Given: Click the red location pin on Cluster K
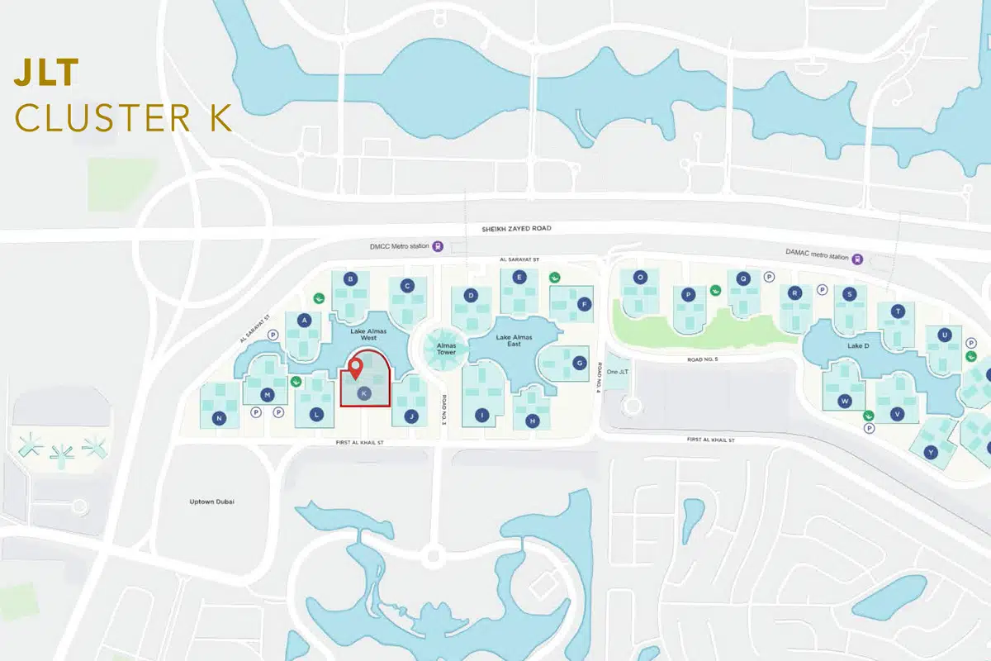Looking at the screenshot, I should click(356, 368).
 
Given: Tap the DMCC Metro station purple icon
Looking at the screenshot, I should click(438, 245).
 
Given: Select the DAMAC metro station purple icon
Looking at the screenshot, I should click(858, 258).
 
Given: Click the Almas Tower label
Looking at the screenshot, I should click(446, 348).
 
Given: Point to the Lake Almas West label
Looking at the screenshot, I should click(363, 335).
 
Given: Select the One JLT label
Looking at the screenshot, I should click(618, 372).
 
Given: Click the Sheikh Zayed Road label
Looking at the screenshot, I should click(516, 228).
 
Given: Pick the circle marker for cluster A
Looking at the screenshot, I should click(305, 320).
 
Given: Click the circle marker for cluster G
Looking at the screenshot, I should click(580, 363).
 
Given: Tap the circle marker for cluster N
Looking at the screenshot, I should click(220, 418).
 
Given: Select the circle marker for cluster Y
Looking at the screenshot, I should click(931, 452).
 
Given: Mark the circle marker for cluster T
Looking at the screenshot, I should click(899, 311).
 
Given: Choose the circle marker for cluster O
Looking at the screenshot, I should click(639, 278).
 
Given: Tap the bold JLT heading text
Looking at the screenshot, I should click(46, 74).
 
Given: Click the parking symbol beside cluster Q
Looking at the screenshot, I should click(769, 278).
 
